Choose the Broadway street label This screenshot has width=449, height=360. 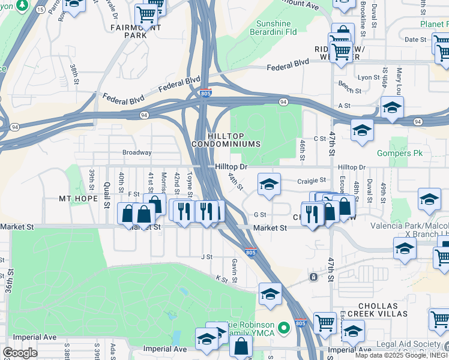137,152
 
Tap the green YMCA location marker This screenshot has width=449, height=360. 285,328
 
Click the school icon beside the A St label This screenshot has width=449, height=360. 392,107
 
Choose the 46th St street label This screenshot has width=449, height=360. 303,146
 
